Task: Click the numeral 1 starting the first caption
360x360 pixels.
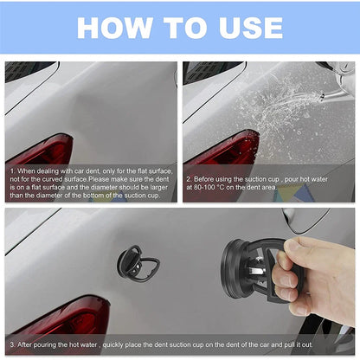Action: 13,171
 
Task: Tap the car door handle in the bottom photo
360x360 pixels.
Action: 307,220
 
